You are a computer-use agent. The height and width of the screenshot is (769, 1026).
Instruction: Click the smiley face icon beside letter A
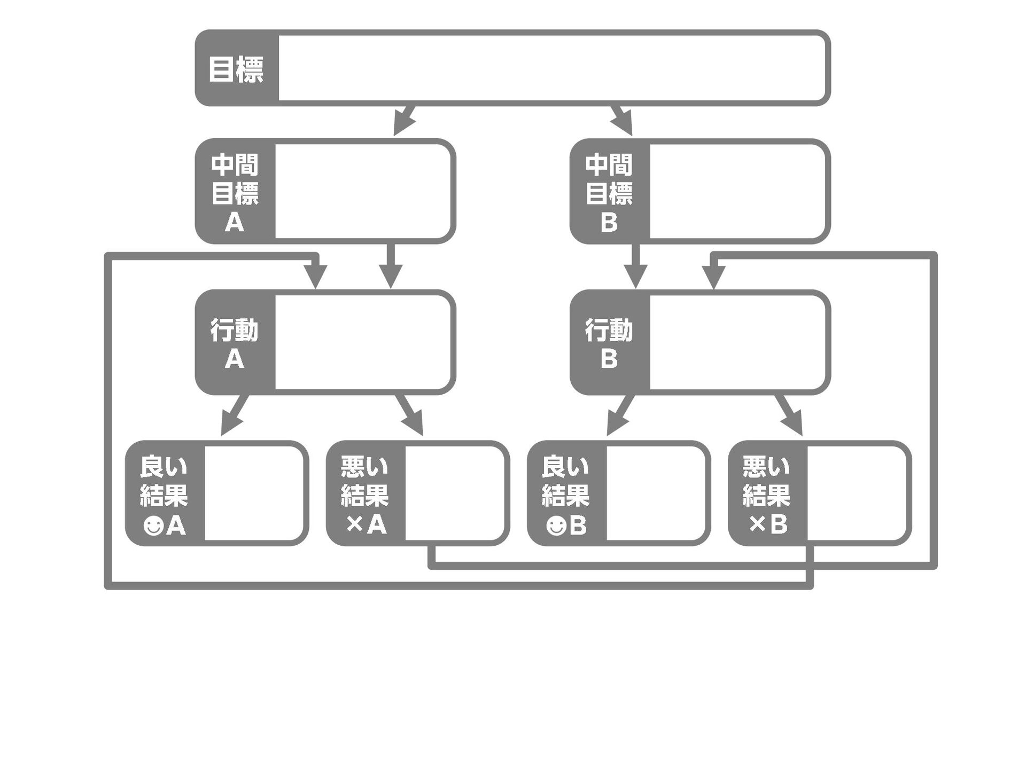(153, 526)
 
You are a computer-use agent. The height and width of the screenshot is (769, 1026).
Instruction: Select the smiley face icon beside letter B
(556, 526)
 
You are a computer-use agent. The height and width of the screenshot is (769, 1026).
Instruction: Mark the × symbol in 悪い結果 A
(354, 525)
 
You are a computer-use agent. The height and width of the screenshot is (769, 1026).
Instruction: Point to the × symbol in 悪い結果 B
(757, 525)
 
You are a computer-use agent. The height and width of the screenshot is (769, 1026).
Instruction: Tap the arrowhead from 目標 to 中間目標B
(624, 124)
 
